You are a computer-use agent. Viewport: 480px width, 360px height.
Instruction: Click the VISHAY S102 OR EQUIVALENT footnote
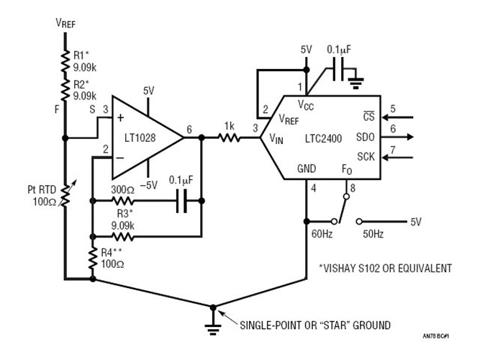tap(385, 269)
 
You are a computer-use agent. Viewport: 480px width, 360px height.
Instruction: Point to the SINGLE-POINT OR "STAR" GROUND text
tap(317, 325)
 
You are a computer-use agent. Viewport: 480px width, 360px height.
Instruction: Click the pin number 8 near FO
tap(353, 189)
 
